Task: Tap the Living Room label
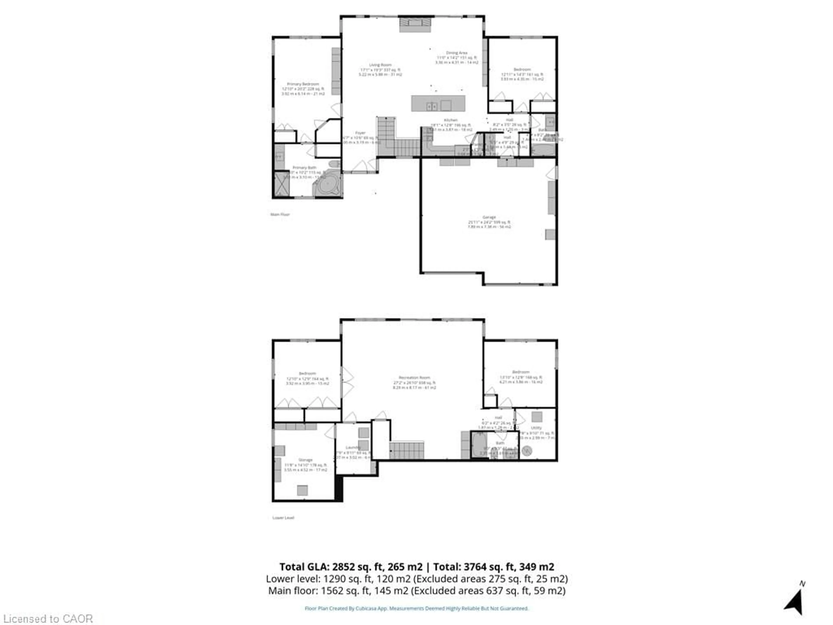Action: click(x=380, y=65)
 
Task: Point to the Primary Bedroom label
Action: click(x=303, y=84)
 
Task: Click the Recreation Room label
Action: click(x=414, y=377)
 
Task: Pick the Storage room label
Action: click(x=305, y=460)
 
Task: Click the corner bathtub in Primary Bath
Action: click(x=327, y=185)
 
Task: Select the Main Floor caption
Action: click(x=280, y=214)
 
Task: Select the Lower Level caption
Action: click(x=283, y=518)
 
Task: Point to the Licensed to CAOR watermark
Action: click(x=48, y=618)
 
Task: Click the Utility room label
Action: click(x=536, y=428)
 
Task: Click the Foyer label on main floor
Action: click(x=360, y=133)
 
